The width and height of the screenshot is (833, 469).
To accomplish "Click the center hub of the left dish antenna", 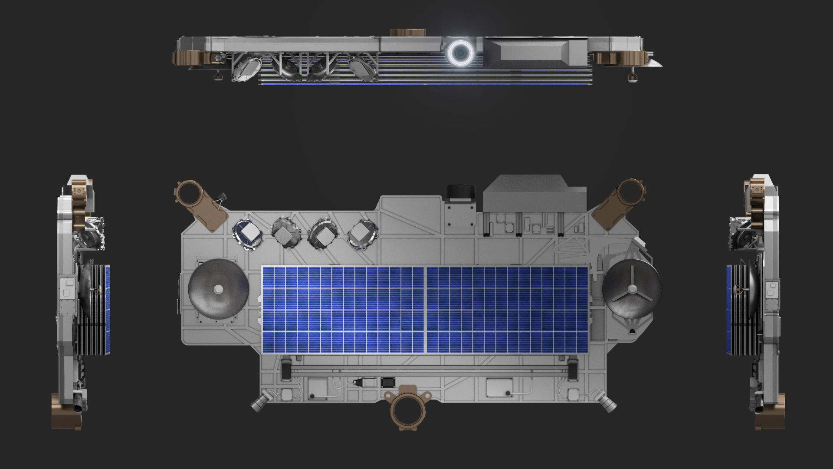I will pyautogui.click(x=218, y=289).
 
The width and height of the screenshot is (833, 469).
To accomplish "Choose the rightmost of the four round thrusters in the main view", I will pyautogui.click(x=363, y=234).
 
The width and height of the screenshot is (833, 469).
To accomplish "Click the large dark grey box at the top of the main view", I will pyautogui.click(x=535, y=193).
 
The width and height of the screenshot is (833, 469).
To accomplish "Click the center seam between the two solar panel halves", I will pyautogui.click(x=425, y=310).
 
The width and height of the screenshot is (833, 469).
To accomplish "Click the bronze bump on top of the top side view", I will pyautogui.click(x=407, y=33).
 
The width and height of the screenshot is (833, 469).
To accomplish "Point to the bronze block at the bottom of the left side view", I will pyautogui.click(x=66, y=411).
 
